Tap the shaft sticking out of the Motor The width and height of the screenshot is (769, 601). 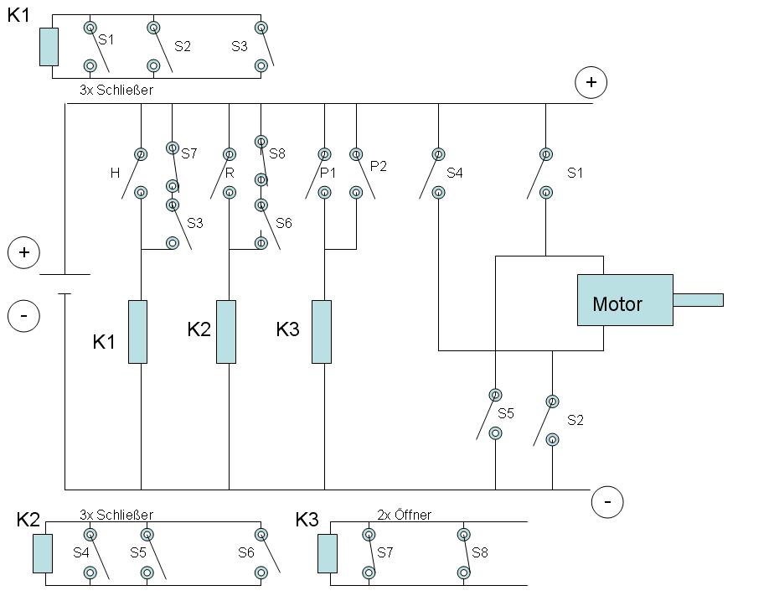pyautogui.click(x=698, y=299)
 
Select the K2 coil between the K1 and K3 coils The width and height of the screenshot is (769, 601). pyautogui.click(x=226, y=331)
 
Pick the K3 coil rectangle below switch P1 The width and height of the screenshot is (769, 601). pyautogui.click(x=322, y=331)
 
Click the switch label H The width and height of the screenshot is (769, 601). pyautogui.click(x=115, y=173)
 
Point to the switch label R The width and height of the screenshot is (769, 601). pyautogui.click(x=230, y=173)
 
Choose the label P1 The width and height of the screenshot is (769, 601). pyautogui.click(x=328, y=173)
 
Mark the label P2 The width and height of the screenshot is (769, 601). pyautogui.click(x=379, y=166)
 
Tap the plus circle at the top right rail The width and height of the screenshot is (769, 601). pyautogui.click(x=591, y=81)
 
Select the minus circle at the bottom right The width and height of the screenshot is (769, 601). pyautogui.click(x=606, y=502)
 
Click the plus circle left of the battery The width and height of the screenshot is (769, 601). pyautogui.click(x=23, y=252)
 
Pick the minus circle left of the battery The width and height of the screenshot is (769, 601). pyautogui.click(x=23, y=316)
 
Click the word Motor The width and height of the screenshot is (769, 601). pyautogui.click(x=617, y=303)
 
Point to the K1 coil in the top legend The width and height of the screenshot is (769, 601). pyautogui.click(x=49, y=46)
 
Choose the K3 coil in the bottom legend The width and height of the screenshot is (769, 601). pyautogui.click(x=328, y=553)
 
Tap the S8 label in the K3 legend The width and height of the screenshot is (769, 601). pyautogui.click(x=479, y=552)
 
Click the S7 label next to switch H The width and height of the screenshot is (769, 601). pyautogui.click(x=188, y=153)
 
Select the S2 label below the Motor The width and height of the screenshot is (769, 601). pyautogui.click(x=575, y=420)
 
